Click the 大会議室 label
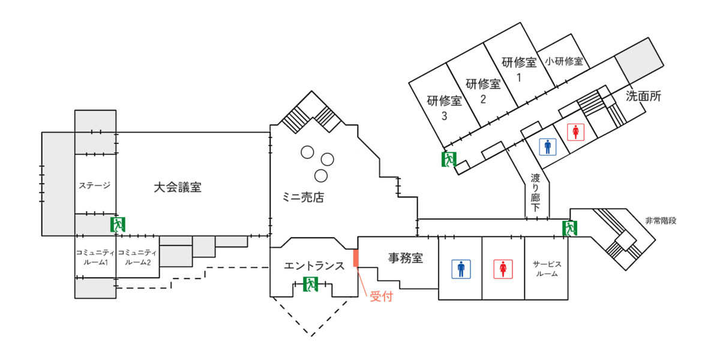tap(177, 187)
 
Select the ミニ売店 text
tap(303, 197)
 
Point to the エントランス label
tap(314, 265)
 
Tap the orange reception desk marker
tap(355, 258)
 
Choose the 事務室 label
tap(406, 259)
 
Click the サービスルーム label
tap(546, 268)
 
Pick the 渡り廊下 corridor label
tap(535, 193)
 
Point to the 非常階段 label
tap(661, 220)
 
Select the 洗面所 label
tap(643, 95)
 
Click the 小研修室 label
tap(564, 61)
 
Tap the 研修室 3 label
tap(445, 108)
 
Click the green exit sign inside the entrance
tap(310, 284)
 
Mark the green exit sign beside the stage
tap(118, 224)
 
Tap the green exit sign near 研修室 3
tap(449, 159)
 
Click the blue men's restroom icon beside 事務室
tap(461, 269)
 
